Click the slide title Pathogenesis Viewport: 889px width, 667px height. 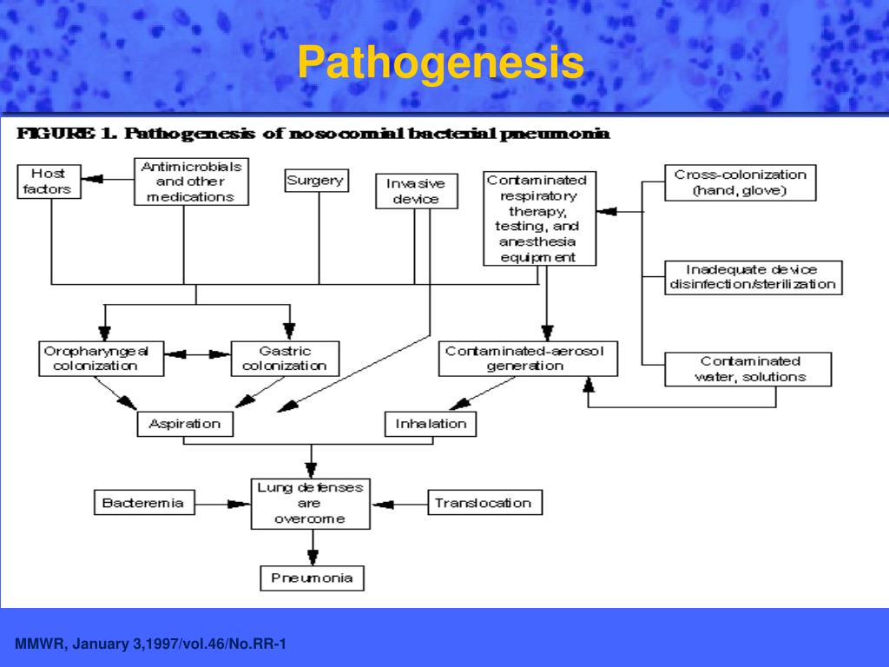click(x=440, y=63)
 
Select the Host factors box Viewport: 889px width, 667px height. click(x=49, y=182)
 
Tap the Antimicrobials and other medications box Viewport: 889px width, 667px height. click(x=191, y=182)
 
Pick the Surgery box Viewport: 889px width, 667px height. click(x=316, y=181)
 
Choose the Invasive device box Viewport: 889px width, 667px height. click(x=417, y=191)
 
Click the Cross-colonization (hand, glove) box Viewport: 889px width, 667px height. click(x=741, y=182)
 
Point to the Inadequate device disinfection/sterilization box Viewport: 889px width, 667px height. click(x=754, y=277)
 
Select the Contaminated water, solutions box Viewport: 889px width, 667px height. click(x=748, y=369)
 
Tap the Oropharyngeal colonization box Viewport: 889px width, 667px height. click(x=102, y=359)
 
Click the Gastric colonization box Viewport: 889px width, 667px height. click(x=285, y=359)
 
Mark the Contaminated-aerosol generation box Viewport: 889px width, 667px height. click(x=529, y=359)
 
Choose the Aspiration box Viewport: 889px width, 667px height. click(x=186, y=424)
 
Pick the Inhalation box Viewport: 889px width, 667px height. click(x=431, y=424)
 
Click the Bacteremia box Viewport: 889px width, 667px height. click(x=145, y=503)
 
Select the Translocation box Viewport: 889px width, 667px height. click(x=485, y=503)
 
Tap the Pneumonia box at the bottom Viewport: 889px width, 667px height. click(x=312, y=578)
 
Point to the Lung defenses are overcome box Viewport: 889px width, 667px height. click(x=311, y=504)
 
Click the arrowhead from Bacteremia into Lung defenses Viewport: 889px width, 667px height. click(x=240, y=504)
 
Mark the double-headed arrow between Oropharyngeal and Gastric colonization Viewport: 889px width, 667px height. click(x=198, y=354)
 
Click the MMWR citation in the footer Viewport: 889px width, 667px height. click(x=150, y=644)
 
